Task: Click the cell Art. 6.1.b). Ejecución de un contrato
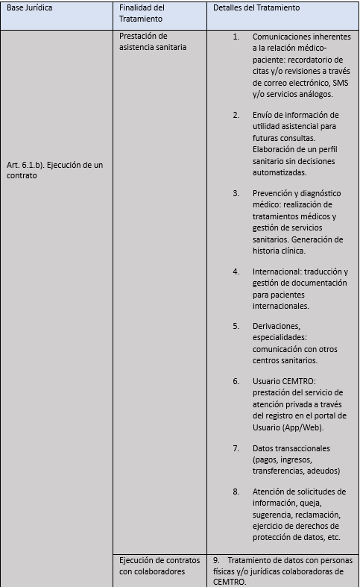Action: point(55,170)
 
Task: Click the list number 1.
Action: point(236,37)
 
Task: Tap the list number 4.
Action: point(236,271)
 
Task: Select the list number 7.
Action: point(236,449)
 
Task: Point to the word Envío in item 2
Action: point(265,115)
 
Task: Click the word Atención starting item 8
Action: point(270,492)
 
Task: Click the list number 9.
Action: point(215,560)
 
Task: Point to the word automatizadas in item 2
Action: point(282,172)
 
